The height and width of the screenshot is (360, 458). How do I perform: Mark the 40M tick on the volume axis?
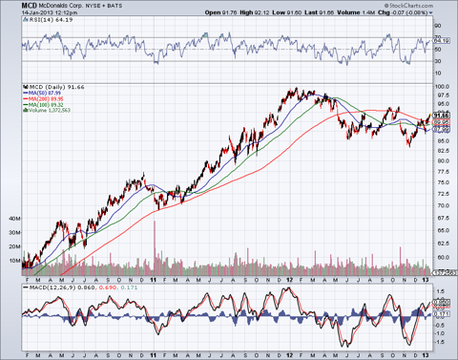point(13,218)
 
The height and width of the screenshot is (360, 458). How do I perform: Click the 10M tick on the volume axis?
point(13,259)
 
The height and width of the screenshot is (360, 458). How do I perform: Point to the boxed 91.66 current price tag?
point(442,115)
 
